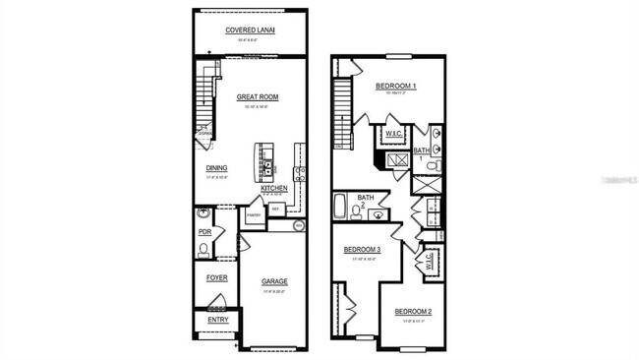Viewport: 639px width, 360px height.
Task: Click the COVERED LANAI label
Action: tap(250, 30)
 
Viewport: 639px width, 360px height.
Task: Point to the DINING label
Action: tap(217, 167)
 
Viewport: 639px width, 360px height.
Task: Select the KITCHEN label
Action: tap(273, 188)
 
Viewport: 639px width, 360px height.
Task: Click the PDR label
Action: tap(205, 232)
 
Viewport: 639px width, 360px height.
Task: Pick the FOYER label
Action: tap(216, 277)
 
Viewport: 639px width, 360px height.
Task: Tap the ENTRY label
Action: tap(216, 320)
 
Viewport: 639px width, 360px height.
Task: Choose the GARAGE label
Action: tap(274, 281)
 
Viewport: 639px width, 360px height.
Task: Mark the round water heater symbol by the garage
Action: tap(300, 225)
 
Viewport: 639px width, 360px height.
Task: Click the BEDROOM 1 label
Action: tap(396, 87)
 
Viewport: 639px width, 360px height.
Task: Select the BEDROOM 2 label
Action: tap(414, 312)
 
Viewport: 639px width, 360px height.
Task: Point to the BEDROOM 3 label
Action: tap(361, 250)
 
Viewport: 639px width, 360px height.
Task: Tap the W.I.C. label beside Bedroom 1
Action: tap(393, 133)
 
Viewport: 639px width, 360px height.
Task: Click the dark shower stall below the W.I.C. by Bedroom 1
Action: tap(398, 161)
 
